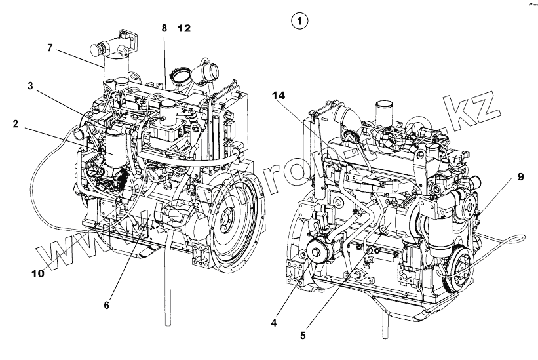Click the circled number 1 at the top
tap(299, 22)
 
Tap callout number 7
tap(50, 47)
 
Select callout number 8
tap(164, 28)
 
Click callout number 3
tap(31, 86)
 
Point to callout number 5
tap(302, 335)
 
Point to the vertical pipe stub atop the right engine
tap(383, 111)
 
